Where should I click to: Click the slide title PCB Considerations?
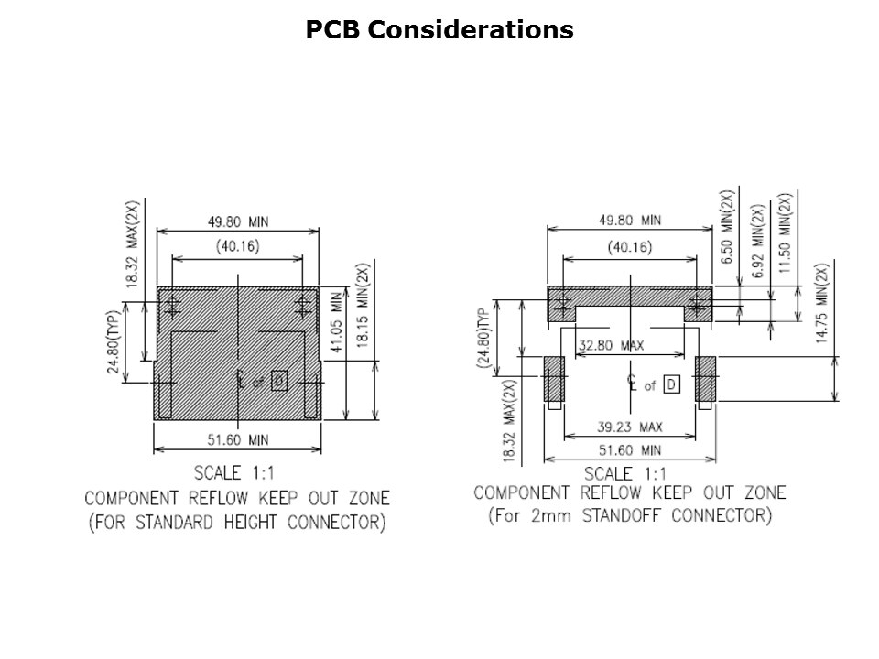(x=439, y=30)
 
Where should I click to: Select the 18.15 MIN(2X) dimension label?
(x=363, y=310)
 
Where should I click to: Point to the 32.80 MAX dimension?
(x=611, y=345)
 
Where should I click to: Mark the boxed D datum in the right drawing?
(x=672, y=384)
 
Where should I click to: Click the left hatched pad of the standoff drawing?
(x=554, y=379)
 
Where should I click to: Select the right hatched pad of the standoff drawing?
(x=705, y=379)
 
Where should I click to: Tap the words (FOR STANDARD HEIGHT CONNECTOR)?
(x=236, y=524)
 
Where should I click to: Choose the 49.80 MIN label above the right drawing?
(x=629, y=221)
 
